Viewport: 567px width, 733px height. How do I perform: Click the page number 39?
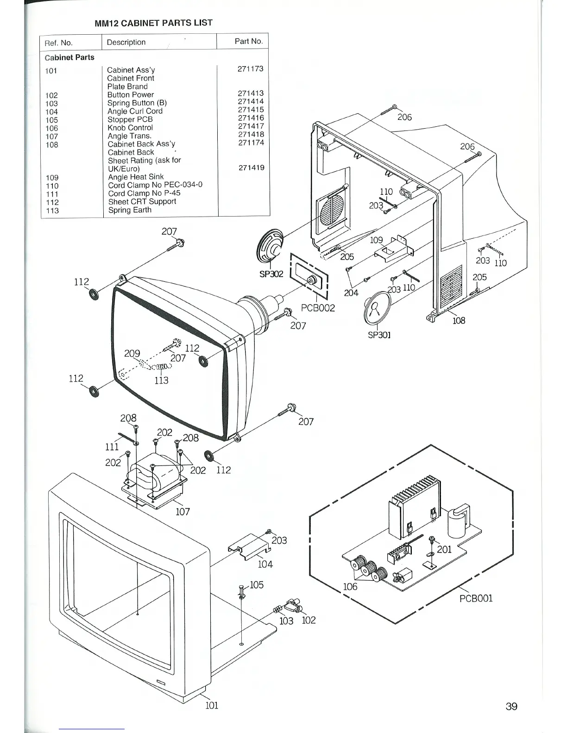pyautogui.click(x=511, y=706)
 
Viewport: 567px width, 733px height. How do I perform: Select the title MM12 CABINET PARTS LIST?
pyautogui.click(x=153, y=23)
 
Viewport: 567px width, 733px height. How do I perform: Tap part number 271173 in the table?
pyautogui.click(x=250, y=69)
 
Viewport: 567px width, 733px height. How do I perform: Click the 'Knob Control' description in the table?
pyautogui.click(x=130, y=128)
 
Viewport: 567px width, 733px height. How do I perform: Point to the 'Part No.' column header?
pyautogui.click(x=248, y=41)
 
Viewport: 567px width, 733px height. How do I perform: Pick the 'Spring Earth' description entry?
pyautogui.click(x=130, y=210)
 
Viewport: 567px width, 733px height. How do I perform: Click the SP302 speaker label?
pyautogui.click(x=271, y=274)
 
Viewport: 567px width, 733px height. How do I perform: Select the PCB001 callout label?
pyautogui.click(x=476, y=598)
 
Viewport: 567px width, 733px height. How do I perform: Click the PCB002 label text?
pyautogui.click(x=317, y=308)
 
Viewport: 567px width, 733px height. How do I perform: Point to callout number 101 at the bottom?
pyautogui.click(x=211, y=706)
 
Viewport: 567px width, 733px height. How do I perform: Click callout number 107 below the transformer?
pyautogui.click(x=183, y=512)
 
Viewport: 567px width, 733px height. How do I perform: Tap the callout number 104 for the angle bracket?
pyautogui.click(x=265, y=564)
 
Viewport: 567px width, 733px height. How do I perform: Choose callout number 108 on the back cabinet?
pyautogui.click(x=459, y=320)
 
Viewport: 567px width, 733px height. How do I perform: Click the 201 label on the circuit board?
pyautogui.click(x=444, y=549)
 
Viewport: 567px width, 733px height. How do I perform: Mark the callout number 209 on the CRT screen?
pyautogui.click(x=132, y=354)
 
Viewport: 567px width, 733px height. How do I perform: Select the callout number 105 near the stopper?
pyautogui.click(x=256, y=585)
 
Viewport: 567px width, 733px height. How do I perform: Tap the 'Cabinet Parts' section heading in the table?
pyautogui.click(x=69, y=57)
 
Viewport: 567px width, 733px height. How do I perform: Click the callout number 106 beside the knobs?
pyautogui.click(x=350, y=587)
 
